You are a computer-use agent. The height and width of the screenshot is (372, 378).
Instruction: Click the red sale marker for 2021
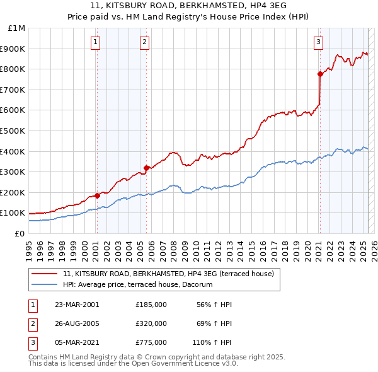(320, 74)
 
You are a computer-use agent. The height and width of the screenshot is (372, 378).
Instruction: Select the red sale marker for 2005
(147, 168)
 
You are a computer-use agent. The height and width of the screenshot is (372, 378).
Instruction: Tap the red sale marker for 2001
(98, 195)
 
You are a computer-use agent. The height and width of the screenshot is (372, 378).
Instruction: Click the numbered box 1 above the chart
(95, 42)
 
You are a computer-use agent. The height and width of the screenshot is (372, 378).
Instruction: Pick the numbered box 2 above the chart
(144, 42)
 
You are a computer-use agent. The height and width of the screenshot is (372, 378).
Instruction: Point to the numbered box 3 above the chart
(318, 42)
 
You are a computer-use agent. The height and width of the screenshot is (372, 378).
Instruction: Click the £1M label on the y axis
(17, 28)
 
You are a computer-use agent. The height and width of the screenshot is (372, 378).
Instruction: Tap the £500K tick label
(14, 131)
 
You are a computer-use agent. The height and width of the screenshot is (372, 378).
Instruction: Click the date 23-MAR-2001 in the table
(77, 305)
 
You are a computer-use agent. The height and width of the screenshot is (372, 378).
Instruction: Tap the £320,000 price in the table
(151, 323)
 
